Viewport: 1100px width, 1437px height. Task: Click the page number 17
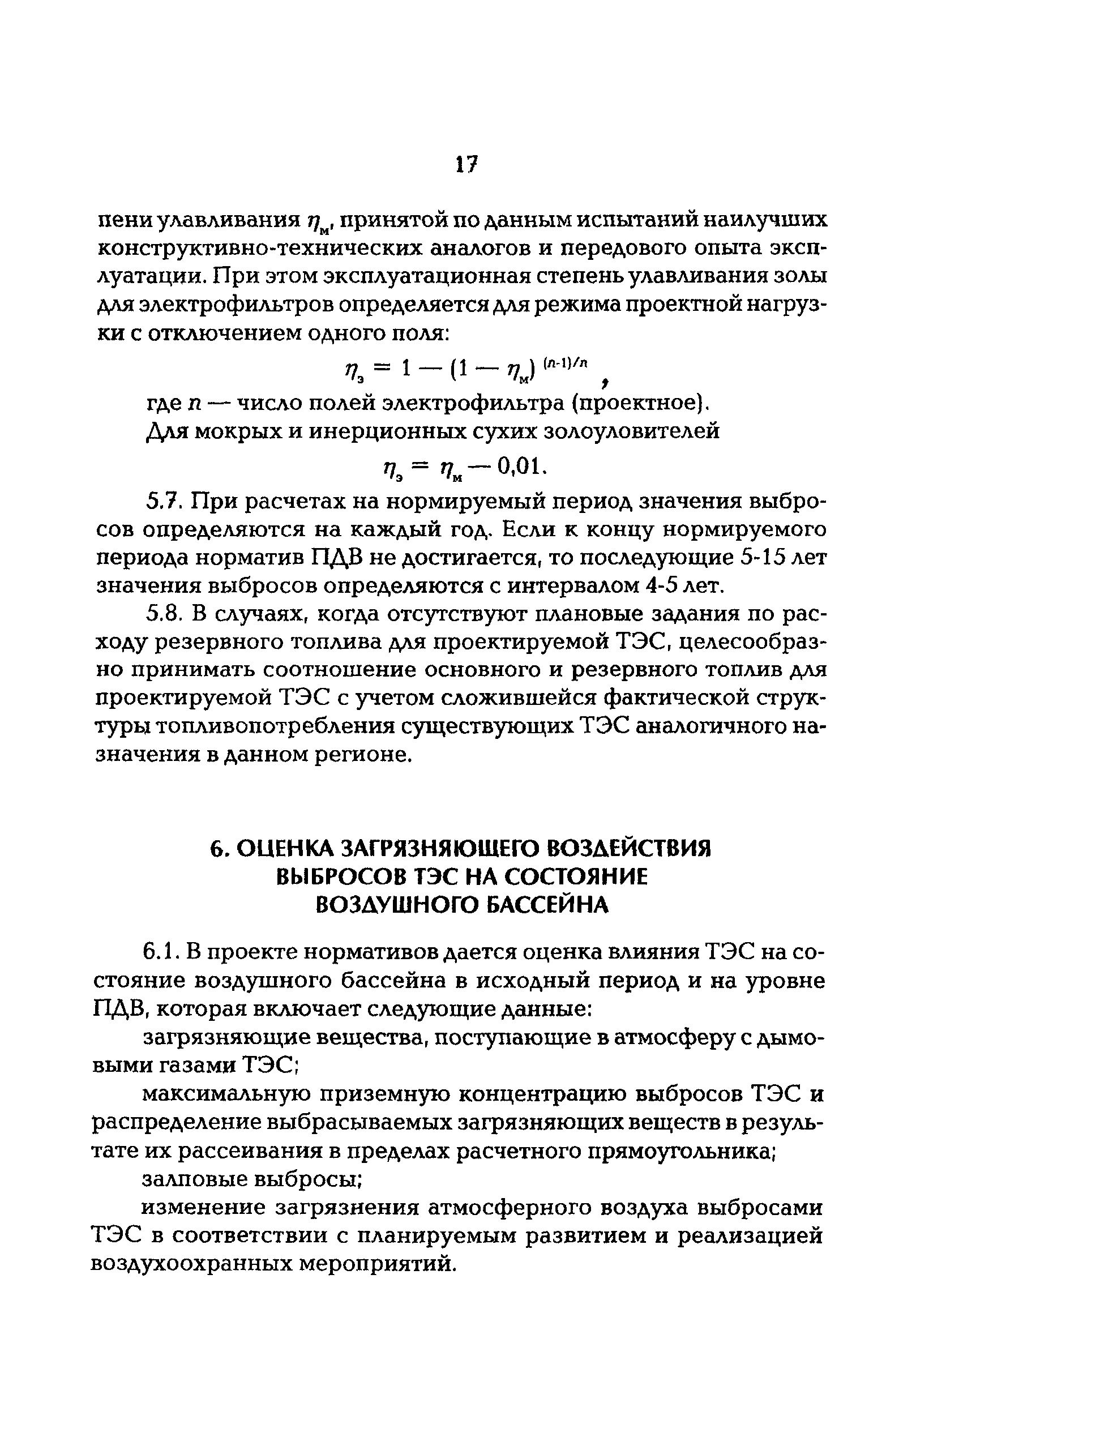[x=466, y=164]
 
